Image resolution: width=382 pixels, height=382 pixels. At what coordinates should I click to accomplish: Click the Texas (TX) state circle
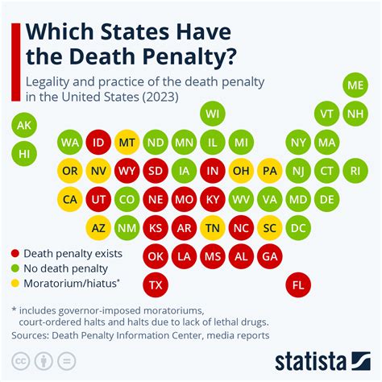coord(156,284)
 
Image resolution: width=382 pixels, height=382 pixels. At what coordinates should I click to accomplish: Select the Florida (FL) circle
coord(299,284)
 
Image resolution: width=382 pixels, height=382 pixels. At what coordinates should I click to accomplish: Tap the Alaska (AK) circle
coord(24,125)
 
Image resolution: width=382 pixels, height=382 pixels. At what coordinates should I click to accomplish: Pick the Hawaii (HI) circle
coord(24,152)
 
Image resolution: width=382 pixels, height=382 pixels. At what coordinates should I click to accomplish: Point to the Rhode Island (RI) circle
coord(355,170)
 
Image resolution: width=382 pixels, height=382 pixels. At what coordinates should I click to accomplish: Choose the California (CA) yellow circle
coord(70,199)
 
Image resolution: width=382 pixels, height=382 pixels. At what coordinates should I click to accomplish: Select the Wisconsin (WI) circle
coord(213,113)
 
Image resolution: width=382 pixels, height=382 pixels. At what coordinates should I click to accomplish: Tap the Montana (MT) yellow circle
coord(127,142)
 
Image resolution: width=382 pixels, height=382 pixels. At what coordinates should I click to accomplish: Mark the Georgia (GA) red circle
coord(271,256)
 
